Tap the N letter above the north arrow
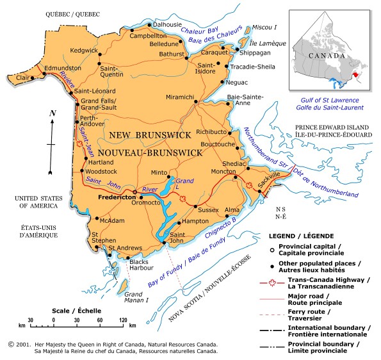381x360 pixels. pyautogui.click(x=53, y=113)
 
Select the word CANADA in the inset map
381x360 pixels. pyautogui.click(x=325, y=56)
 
